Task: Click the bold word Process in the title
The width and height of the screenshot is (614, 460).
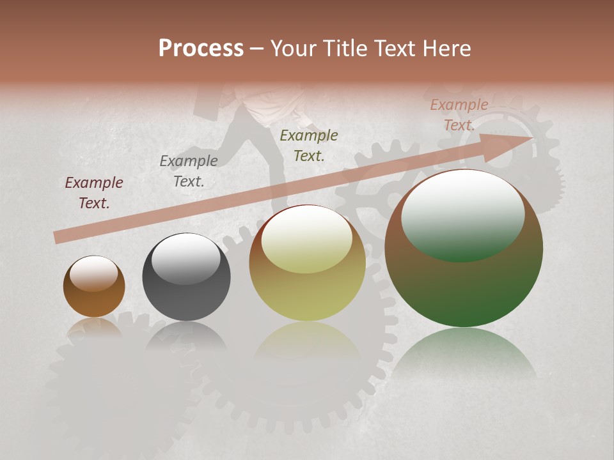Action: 201,49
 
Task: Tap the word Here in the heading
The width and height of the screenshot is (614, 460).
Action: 448,49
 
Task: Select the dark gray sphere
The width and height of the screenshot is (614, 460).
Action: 186,277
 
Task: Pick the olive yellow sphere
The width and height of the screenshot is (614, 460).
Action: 307,263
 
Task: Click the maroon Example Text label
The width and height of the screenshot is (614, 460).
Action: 94,193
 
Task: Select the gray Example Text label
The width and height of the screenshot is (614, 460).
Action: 189,171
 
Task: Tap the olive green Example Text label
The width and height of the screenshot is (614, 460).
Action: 309,145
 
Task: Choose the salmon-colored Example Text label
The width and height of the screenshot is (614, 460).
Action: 459,115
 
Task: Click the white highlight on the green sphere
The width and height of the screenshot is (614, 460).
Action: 462,214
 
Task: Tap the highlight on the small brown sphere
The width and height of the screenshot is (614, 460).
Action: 94,274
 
